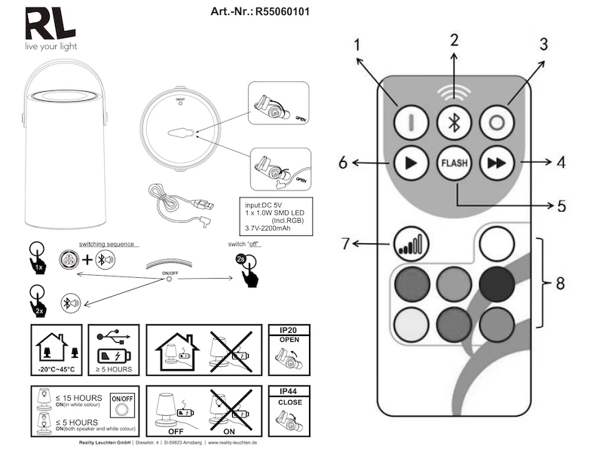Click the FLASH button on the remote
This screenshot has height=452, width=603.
click(453, 163)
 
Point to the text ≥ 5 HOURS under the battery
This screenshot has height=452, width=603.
click(114, 371)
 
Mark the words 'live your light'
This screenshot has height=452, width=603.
click(51, 47)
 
